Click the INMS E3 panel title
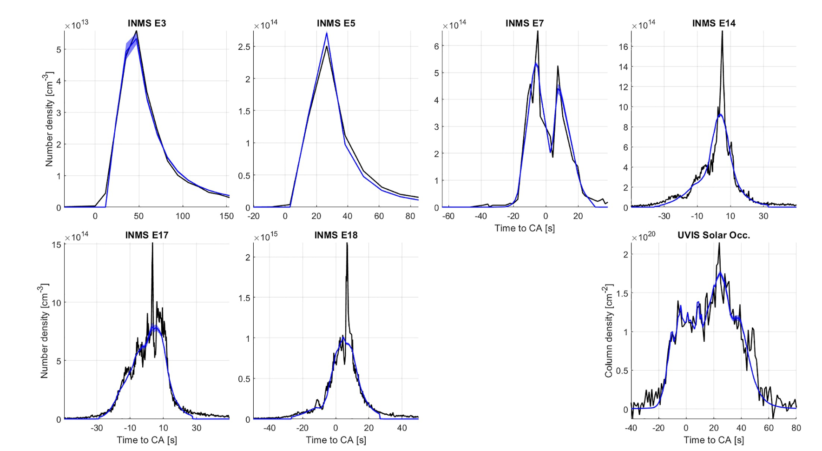146,23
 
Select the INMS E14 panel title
714,23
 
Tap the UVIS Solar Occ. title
714,235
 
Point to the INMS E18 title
335,235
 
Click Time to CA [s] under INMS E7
524,228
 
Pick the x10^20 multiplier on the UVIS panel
644,237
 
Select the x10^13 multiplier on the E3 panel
77,25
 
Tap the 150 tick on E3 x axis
227,216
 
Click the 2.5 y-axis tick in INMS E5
244,47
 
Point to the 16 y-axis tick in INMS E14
623,46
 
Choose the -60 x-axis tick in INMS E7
448,216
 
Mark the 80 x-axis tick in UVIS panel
796,428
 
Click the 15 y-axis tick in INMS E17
56,245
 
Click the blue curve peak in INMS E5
327,33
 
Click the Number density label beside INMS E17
44,331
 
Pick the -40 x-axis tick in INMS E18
269,428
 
